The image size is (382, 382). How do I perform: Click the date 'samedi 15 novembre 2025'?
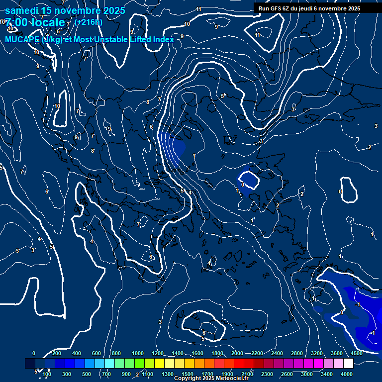tap(65, 10)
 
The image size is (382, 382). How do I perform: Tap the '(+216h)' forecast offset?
tap(89, 22)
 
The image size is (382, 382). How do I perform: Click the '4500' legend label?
tap(357, 353)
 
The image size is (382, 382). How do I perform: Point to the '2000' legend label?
tap(237, 353)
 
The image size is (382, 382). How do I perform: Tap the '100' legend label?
tap(47, 374)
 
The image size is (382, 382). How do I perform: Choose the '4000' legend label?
tap(347, 374)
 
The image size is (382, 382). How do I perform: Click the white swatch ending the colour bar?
tap(362, 364)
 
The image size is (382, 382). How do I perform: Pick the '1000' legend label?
tap(138, 353)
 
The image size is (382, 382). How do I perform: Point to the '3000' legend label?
tap(307, 374)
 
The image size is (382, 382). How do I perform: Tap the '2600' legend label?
tap(287, 374)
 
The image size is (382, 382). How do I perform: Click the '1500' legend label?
tap(188, 374)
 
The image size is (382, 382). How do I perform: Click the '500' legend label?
tap(87, 374)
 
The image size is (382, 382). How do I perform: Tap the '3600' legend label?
tap(337, 353)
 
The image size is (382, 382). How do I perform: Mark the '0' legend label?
tap(34, 353)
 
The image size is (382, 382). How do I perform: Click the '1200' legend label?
tap(158, 353)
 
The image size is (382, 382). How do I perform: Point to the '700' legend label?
tap(106, 374)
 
